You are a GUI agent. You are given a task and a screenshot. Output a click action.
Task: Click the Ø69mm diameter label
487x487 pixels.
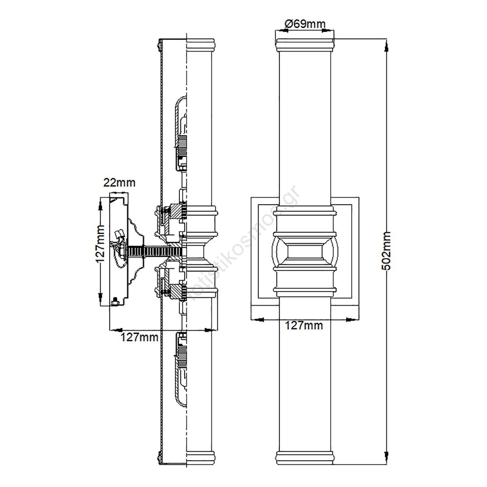305,24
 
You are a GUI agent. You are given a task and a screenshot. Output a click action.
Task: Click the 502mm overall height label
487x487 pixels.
386,251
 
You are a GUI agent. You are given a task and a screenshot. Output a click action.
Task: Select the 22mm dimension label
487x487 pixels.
119,183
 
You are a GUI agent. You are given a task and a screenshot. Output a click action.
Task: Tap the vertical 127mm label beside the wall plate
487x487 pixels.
100,243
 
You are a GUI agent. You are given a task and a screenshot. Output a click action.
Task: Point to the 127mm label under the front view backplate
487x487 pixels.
304,325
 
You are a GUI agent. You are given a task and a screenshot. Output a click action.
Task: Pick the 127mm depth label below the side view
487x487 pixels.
140,337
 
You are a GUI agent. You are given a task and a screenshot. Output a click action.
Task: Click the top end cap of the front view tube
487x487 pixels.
305,45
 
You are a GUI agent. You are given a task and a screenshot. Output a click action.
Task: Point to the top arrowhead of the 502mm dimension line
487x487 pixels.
386,47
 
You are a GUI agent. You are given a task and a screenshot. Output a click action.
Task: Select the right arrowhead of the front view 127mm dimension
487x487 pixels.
350,320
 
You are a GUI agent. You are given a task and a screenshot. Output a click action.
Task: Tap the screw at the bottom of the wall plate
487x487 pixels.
116,302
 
